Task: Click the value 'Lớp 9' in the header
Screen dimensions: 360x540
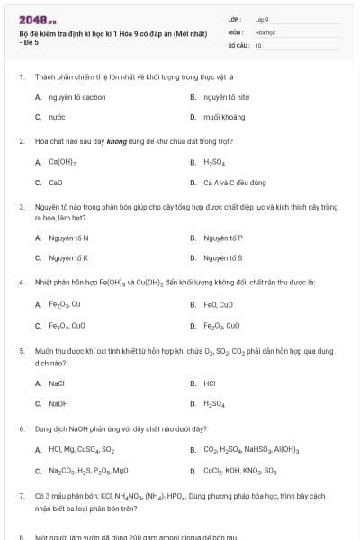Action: click(x=262, y=18)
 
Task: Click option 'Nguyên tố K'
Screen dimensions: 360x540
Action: click(x=68, y=258)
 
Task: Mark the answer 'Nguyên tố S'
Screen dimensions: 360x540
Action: click(x=223, y=258)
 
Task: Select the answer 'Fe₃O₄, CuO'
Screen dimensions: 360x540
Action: click(x=67, y=325)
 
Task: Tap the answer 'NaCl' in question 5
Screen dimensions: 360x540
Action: click(x=57, y=382)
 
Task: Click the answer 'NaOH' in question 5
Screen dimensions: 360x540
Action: click(x=58, y=403)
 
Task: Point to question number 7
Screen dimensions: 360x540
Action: click(x=21, y=495)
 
